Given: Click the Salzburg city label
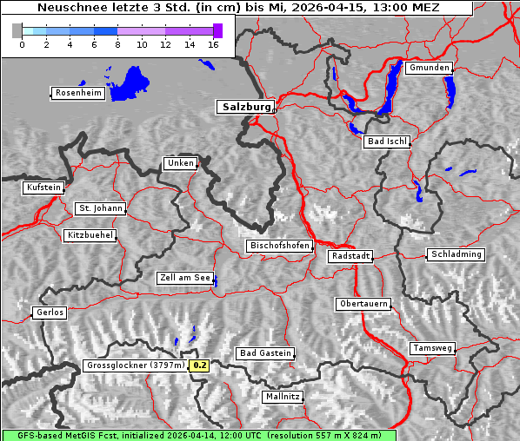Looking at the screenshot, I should tap(245, 107).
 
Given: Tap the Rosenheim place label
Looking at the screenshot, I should tap(78, 93).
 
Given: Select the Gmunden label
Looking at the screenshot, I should tap(429, 68).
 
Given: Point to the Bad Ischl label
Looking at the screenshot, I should tap(386, 142).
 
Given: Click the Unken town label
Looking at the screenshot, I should tap(179, 163).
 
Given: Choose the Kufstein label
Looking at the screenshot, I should tap(43, 188).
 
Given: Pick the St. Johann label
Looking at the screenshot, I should tap(100, 208).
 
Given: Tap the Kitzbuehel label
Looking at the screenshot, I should tap(90, 235).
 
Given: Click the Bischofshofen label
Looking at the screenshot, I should tap(279, 246).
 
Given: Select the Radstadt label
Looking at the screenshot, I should tap(350, 256).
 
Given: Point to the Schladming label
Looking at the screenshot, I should tap(455, 254).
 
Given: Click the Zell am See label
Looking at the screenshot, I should tap(185, 278).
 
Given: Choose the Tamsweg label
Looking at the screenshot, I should tap(432, 347).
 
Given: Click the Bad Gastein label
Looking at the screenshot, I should tap(265, 353).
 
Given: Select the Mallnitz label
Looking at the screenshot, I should tap(283, 396).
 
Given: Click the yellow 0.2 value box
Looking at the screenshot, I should tap(200, 365).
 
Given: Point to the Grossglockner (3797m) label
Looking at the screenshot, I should tap(136, 365).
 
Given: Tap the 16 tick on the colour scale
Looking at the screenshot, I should tap(213, 44).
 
